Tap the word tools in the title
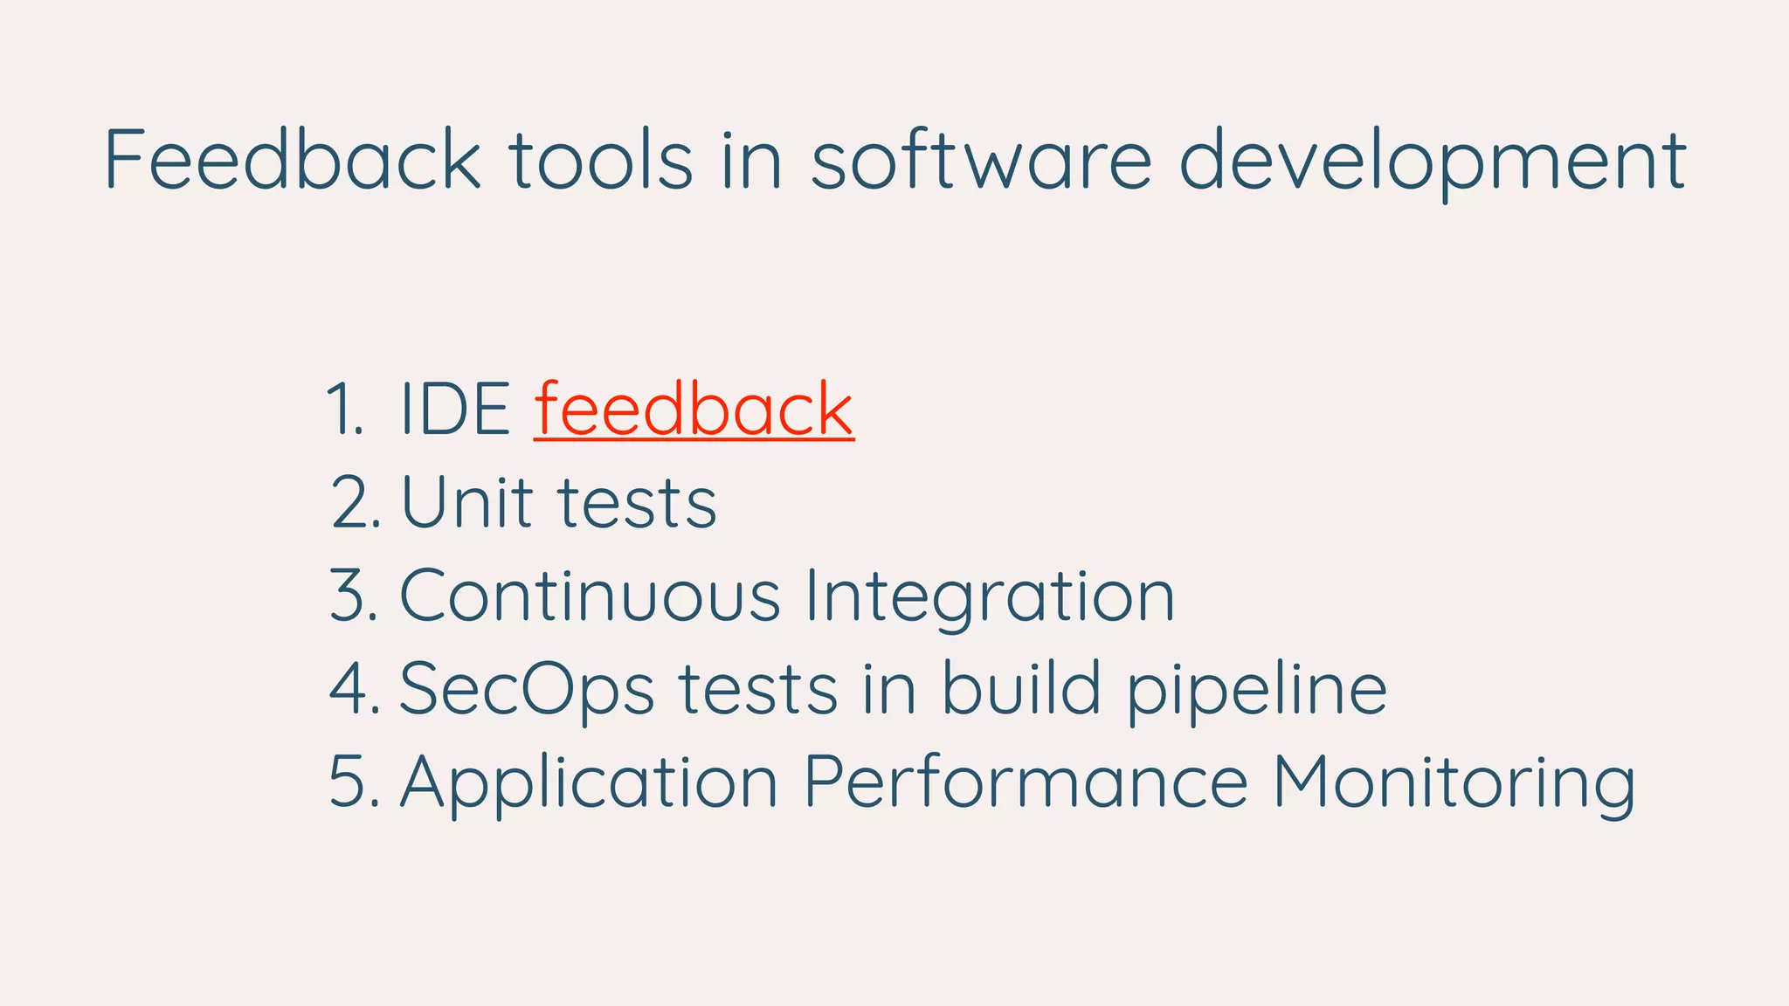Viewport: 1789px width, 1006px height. [601, 159]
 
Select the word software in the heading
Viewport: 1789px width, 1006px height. [981, 159]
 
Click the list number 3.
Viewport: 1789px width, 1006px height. [352, 596]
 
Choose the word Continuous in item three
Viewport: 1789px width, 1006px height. [590, 596]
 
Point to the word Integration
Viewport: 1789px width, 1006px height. [989, 597]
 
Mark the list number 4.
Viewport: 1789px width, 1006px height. [353, 690]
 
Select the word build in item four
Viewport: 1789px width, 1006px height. [1020, 688]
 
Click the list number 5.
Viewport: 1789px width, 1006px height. [353, 782]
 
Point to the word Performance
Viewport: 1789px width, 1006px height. [1026, 782]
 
